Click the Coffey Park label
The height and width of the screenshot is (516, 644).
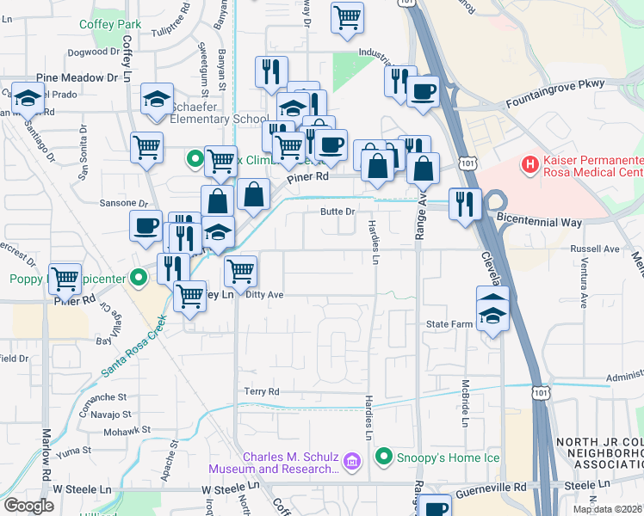click(x=109, y=24)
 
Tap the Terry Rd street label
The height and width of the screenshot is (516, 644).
click(x=262, y=391)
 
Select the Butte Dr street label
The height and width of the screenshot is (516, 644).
click(x=337, y=212)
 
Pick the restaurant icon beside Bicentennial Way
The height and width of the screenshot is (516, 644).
click(x=464, y=204)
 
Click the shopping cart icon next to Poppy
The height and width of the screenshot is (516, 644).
click(x=65, y=278)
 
